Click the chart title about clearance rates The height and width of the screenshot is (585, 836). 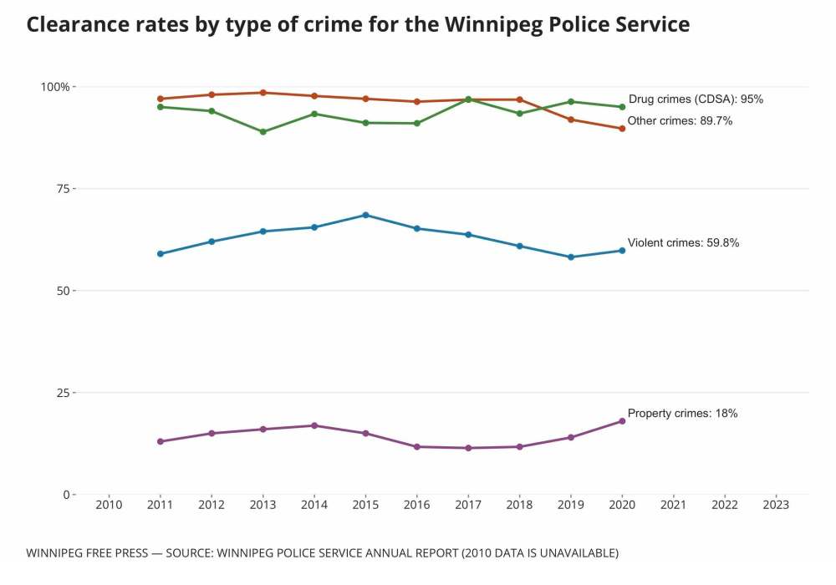click(358, 24)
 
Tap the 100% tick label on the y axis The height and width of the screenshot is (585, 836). click(56, 87)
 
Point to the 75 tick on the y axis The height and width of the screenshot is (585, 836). click(61, 189)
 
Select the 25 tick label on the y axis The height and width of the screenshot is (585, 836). click(61, 393)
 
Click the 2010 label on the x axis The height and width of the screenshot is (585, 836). click(109, 505)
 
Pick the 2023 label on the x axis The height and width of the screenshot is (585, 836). click(776, 505)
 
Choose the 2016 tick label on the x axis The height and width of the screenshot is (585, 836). click(416, 505)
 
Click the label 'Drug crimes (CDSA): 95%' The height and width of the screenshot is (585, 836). click(696, 99)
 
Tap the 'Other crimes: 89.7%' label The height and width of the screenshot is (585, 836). click(680, 121)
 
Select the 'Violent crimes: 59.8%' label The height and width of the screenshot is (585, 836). click(683, 243)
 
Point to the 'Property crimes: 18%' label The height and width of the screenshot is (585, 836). click(682, 414)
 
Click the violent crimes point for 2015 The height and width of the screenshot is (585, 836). click(365, 215)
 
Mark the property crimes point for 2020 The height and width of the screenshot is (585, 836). click(622, 421)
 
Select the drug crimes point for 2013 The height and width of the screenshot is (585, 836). click(263, 132)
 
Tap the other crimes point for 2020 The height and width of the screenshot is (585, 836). click(622, 129)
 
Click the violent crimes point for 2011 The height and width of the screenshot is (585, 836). click(160, 254)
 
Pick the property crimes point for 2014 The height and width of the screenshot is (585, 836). click(314, 425)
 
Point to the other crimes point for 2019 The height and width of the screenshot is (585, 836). click(571, 120)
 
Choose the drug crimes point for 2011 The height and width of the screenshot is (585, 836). click(160, 107)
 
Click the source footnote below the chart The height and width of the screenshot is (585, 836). click(322, 553)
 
